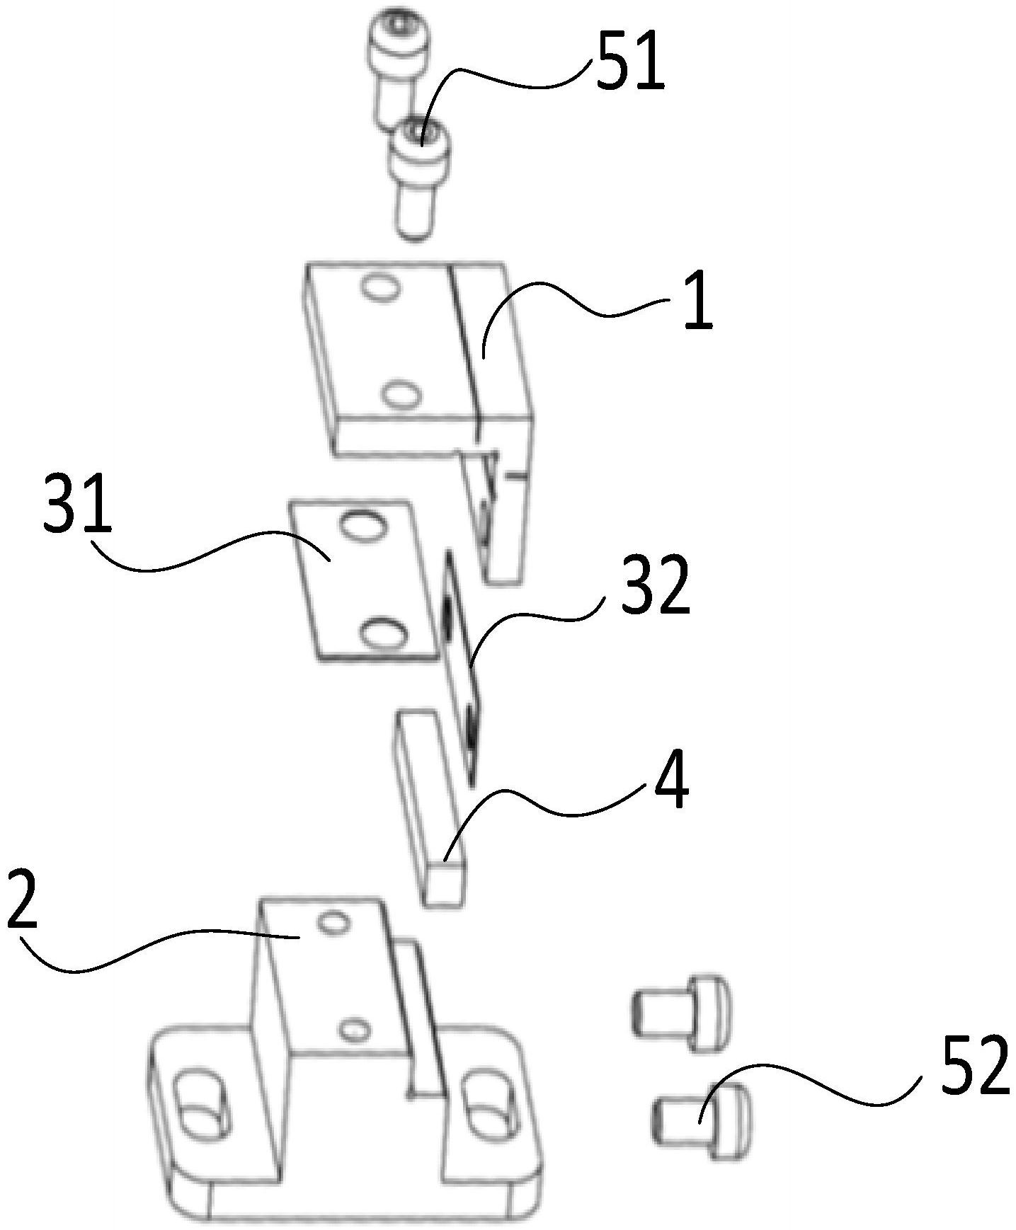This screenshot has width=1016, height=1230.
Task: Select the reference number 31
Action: click(77, 505)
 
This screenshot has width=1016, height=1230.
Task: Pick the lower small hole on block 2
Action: click(354, 1028)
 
